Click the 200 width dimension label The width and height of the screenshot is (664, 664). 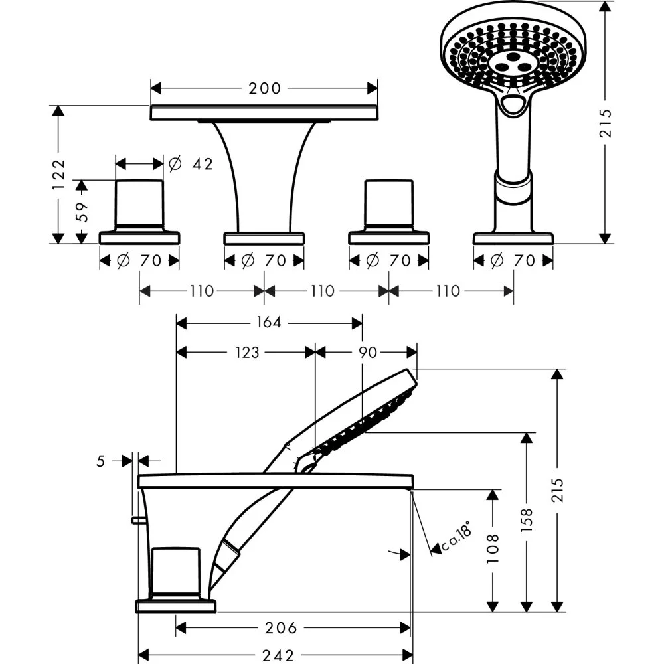coord(265,88)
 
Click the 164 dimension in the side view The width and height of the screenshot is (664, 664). coord(268,323)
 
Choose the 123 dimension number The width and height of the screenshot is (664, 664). coord(247,353)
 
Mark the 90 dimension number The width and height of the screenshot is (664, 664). coord(367,353)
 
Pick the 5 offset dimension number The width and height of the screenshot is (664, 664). coord(101,461)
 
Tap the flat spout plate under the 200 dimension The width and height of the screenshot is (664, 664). coord(264,113)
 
